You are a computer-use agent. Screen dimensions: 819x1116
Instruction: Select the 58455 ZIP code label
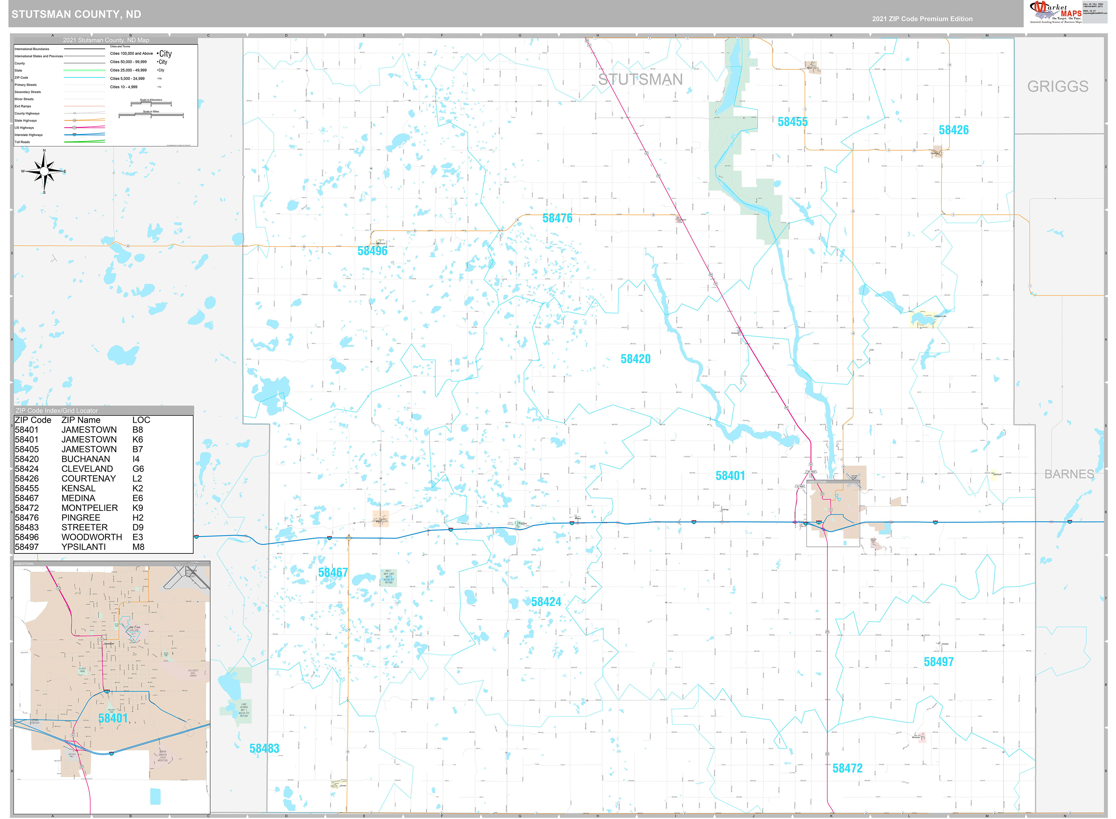792,122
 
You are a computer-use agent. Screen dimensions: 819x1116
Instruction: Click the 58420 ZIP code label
635,359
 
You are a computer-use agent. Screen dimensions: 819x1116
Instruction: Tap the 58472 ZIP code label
847,768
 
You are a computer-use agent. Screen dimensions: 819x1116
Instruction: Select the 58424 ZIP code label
545,602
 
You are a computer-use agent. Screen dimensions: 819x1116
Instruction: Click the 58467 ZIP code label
333,573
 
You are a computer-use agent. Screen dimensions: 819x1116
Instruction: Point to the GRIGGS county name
1057,87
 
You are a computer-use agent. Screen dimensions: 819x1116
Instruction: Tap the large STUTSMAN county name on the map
640,79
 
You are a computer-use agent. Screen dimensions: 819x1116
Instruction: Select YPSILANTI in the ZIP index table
83,547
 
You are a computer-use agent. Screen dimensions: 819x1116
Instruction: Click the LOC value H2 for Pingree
137,518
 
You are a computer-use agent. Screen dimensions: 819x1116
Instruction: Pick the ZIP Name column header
80,420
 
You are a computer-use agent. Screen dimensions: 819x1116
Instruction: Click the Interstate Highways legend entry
29,135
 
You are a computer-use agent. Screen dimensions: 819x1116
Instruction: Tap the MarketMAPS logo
1055,12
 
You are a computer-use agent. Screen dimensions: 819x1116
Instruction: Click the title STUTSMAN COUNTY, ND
76,14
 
